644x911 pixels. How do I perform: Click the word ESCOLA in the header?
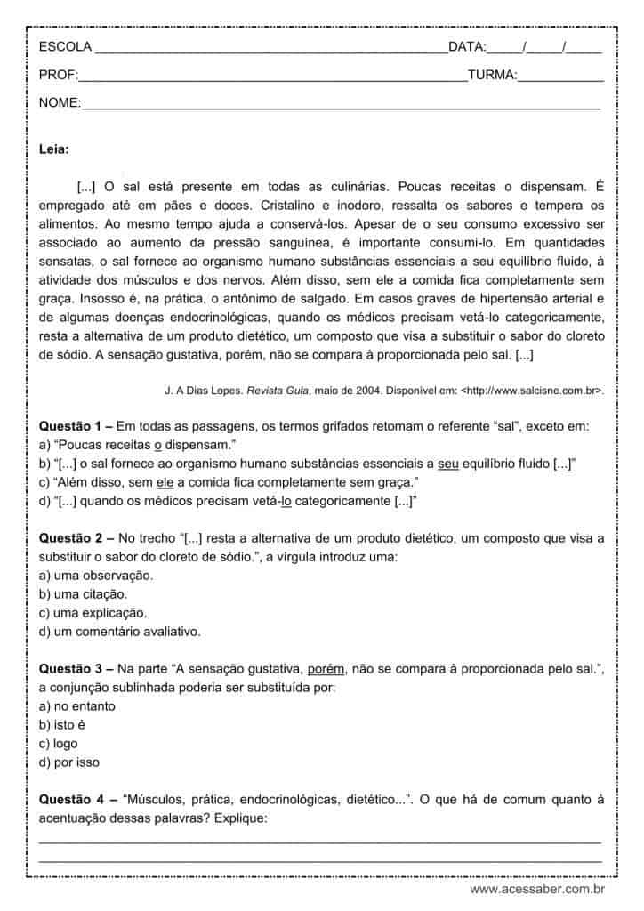point(64,47)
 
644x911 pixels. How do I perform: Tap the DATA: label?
point(467,47)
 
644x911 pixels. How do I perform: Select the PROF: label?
point(59,76)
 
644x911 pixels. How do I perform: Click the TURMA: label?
point(492,76)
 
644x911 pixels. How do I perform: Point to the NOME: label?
point(60,103)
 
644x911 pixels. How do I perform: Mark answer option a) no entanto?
point(77,705)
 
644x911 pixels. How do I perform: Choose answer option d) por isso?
point(69,762)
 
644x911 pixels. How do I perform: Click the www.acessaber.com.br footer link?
point(537,889)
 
